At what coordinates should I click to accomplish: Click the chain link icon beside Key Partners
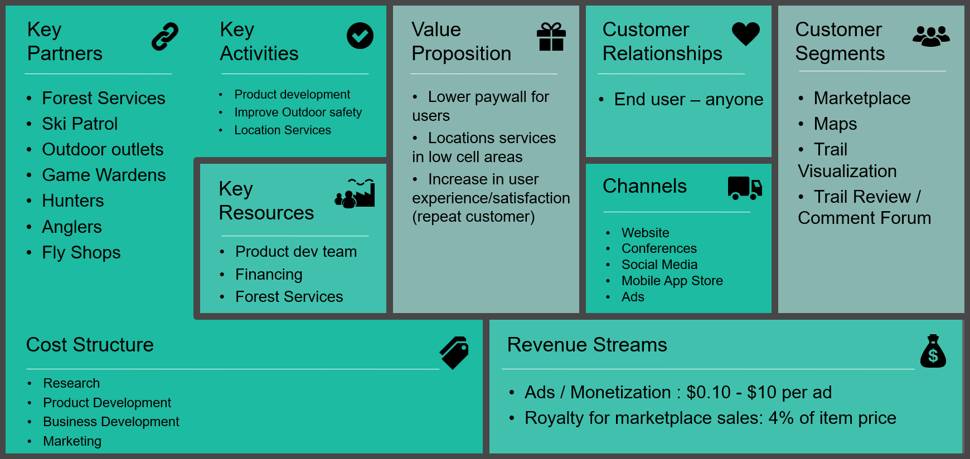click(x=165, y=37)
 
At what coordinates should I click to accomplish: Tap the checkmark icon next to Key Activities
click(x=360, y=36)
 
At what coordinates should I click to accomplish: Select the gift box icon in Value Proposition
click(x=551, y=37)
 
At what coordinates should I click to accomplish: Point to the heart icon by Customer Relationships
click(x=746, y=34)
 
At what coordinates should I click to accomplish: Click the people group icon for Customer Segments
click(x=931, y=36)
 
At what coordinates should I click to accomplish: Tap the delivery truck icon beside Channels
click(x=745, y=188)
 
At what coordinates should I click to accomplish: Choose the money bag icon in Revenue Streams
click(x=933, y=351)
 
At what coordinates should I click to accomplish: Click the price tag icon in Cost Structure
click(x=454, y=352)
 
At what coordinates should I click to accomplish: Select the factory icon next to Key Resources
click(x=355, y=193)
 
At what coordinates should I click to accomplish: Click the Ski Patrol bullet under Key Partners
click(x=80, y=124)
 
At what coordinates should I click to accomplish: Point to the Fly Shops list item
click(x=81, y=252)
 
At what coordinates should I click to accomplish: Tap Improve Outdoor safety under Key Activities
click(x=298, y=113)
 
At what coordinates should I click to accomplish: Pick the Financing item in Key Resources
click(x=269, y=274)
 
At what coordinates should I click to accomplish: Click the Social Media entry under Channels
click(x=659, y=265)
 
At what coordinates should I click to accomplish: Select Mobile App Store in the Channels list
click(x=672, y=281)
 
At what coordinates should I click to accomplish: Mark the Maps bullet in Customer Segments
click(x=835, y=124)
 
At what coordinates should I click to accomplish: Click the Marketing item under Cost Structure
click(x=72, y=441)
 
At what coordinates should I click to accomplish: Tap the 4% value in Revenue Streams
click(x=781, y=418)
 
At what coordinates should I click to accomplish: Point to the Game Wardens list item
click(x=104, y=175)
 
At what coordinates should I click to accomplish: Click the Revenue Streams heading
click(x=587, y=345)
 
